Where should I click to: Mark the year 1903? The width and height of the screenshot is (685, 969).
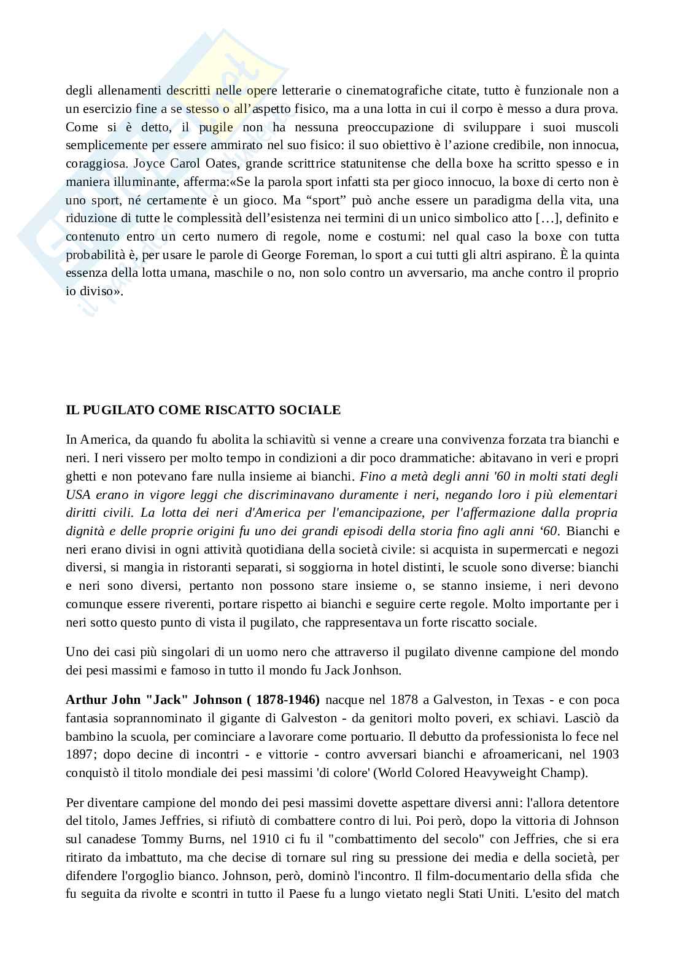[606, 754]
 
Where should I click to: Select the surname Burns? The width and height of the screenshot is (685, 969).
[199, 839]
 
